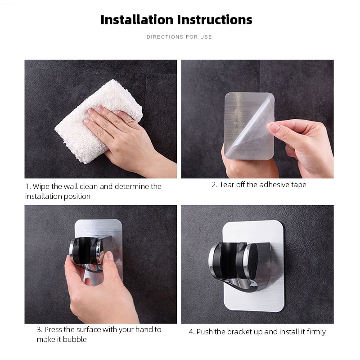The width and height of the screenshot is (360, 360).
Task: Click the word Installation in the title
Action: (136, 20)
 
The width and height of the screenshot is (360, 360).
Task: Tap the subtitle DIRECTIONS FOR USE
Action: (179, 37)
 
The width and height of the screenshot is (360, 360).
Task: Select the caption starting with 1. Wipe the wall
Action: (93, 191)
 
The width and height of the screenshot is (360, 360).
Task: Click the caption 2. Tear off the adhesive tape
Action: (259, 185)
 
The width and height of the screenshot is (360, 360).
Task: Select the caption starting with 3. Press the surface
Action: (99, 334)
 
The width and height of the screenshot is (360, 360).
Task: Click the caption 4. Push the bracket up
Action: (257, 332)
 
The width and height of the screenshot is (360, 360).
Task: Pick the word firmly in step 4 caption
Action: (315, 332)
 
